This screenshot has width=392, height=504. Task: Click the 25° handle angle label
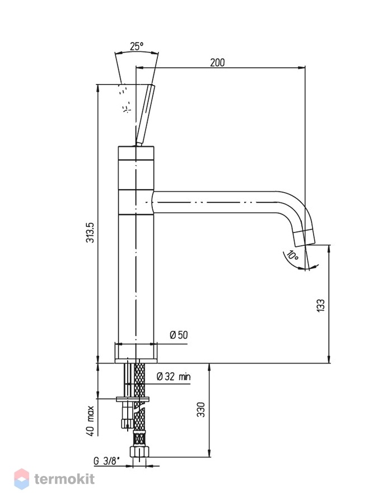click(x=137, y=46)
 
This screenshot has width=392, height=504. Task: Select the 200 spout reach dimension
click(x=217, y=62)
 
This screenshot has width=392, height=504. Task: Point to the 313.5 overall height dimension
click(x=91, y=232)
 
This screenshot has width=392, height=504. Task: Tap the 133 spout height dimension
click(x=321, y=305)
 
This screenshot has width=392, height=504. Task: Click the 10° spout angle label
click(x=292, y=255)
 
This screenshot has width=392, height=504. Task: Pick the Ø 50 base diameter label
click(x=179, y=335)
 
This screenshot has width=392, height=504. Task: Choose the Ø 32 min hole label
click(x=174, y=376)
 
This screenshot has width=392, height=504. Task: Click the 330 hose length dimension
click(x=201, y=409)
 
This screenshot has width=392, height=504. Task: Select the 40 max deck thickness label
click(x=91, y=421)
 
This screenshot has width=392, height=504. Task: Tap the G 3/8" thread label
click(x=106, y=461)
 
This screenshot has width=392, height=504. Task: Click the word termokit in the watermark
click(x=64, y=479)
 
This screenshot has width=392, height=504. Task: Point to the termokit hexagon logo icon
click(x=21, y=479)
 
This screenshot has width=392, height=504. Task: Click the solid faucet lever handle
click(x=144, y=115)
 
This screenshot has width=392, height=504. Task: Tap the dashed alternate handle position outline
click(x=125, y=98)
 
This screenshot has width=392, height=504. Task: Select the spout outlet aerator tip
click(x=305, y=238)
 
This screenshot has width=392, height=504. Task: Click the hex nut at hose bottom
click(x=139, y=451)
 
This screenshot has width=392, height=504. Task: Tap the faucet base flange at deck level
click(x=136, y=353)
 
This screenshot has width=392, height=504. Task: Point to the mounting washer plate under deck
click(x=133, y=399)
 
